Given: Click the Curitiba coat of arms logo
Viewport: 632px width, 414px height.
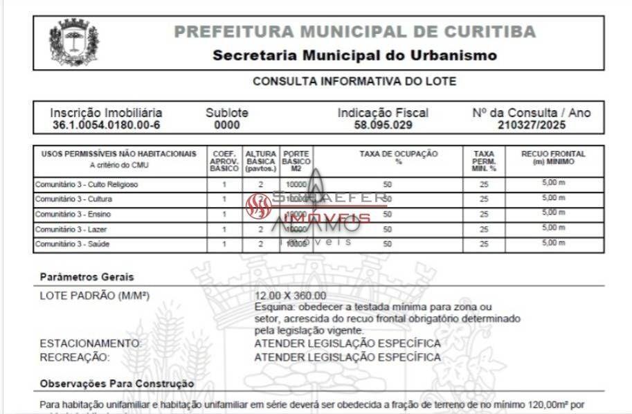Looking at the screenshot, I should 73,42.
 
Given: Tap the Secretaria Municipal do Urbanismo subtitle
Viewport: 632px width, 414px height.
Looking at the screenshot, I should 354,55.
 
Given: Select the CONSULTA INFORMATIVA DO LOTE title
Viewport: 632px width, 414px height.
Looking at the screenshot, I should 354,81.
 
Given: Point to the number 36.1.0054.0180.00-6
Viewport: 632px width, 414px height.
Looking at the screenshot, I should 106,125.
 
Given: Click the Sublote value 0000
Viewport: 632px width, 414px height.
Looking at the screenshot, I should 227,125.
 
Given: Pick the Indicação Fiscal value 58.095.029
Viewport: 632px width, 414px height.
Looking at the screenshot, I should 383,125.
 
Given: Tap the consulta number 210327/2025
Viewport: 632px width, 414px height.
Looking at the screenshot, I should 531,125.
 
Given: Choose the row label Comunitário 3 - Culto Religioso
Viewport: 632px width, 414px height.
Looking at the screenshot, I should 87,185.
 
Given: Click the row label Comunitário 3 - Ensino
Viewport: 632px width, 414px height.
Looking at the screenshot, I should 73,214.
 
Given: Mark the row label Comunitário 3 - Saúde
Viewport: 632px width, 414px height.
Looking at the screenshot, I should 72,244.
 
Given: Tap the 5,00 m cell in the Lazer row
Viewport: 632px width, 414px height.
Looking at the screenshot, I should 553,228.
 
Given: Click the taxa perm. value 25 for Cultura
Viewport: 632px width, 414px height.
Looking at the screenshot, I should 484,199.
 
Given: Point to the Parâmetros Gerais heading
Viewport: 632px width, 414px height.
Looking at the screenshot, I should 87,277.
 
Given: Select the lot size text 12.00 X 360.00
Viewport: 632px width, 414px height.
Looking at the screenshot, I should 290,296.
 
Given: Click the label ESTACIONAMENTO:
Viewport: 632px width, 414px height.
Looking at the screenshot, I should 90,343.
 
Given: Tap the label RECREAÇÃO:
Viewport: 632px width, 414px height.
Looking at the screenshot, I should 74,357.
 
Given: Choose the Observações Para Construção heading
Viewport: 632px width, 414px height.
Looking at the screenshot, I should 117,383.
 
